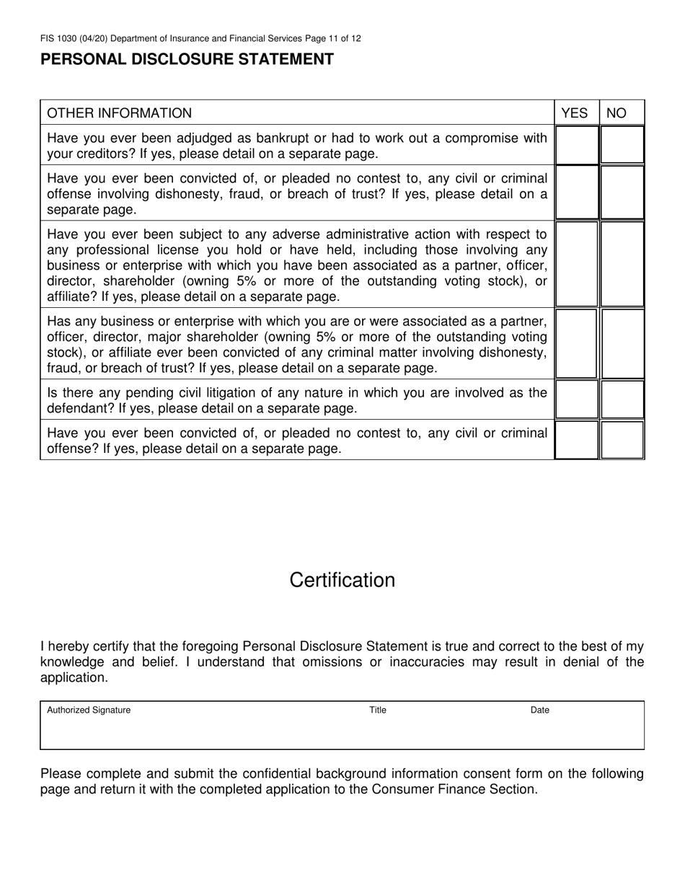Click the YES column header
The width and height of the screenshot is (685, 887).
(x=575, y=113)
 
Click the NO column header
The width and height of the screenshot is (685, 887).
(x=616, y=113)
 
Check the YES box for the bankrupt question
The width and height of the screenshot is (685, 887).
(x=576, y=145)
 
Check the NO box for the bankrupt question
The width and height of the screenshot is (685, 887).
(x=622, y=145)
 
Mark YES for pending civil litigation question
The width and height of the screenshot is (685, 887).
(x=576, y=400)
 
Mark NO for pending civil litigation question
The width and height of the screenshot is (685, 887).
(x=622, y=400)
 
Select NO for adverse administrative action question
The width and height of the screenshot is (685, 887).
(x=622, y=264)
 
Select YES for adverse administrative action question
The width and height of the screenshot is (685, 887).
(x=576, y=264)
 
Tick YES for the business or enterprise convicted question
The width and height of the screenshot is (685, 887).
(x=576, y=343)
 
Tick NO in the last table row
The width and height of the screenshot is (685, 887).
(x=622, y=441)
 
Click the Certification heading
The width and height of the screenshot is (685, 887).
(x=342, y=581)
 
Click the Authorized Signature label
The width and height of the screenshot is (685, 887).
(x=89, y=710)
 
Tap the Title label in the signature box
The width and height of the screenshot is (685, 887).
(x=378, y=710)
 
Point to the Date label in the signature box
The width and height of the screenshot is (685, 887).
(x=540, y=710)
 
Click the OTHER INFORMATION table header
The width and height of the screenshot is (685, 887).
(x=120, y=113)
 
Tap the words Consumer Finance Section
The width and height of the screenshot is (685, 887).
(x=454, y=789)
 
